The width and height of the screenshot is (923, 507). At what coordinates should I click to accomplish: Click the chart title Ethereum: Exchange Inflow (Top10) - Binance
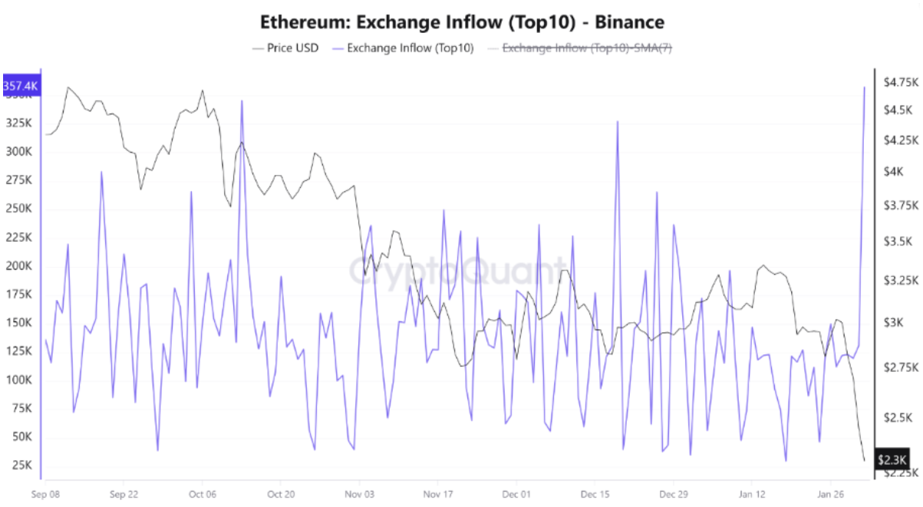461,21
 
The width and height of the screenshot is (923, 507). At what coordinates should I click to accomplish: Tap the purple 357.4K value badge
21,85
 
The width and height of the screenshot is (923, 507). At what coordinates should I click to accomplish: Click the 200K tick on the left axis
19,266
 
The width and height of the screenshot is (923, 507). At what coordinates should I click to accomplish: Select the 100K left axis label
19,380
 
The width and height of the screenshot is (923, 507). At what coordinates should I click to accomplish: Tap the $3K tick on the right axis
893,323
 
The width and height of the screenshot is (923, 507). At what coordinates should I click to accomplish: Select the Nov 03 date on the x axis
360,493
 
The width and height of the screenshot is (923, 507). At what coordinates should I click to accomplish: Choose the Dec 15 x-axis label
595,493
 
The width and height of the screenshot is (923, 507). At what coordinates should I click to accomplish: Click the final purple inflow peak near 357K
865,87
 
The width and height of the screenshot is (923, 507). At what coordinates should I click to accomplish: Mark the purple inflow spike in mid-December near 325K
617,121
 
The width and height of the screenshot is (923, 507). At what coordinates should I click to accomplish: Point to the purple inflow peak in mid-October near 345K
242,101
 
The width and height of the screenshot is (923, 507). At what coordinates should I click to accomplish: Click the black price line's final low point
865,460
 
